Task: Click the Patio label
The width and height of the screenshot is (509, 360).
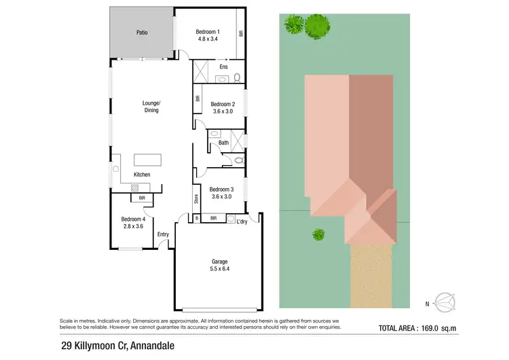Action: (x=142, y=33)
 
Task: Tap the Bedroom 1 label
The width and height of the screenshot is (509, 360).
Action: (x=208, y=32)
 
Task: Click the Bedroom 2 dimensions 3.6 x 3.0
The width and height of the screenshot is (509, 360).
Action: (x=223, y=111)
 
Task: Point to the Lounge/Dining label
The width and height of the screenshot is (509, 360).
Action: (x=151, y=107)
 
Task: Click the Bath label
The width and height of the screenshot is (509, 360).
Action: (x=223, y=143)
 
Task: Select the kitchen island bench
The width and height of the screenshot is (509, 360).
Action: (x=149, y=160)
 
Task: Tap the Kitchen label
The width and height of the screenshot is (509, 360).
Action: (x=142, y=175)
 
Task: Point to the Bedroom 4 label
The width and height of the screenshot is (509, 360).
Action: (x=133, y=219)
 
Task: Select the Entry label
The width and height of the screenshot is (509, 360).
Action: (x=163, y=234)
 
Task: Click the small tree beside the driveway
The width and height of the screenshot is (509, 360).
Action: (x=318, y=234)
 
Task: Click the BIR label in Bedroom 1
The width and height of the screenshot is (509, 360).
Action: (x=240, y=33)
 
